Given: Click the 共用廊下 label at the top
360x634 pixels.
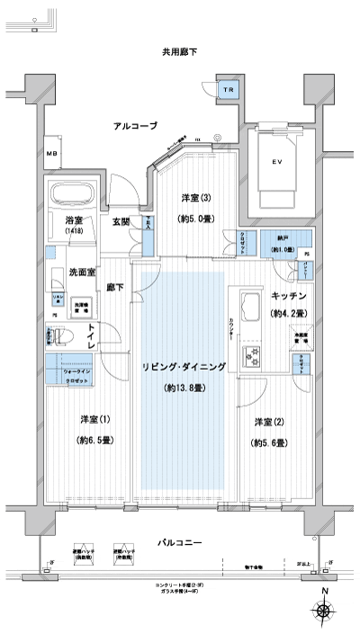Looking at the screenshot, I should tap(179, 53).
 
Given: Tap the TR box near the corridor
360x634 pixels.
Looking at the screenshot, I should tap(229, 91).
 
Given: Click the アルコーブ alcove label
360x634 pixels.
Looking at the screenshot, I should tap(135, 126).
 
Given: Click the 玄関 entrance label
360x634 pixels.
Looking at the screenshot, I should tap(121, 223).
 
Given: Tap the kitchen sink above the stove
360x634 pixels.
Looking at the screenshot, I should tap(248, 301).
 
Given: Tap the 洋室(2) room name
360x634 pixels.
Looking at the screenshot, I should tap(269, 422).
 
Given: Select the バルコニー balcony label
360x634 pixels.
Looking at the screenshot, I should tap(180, 542).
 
